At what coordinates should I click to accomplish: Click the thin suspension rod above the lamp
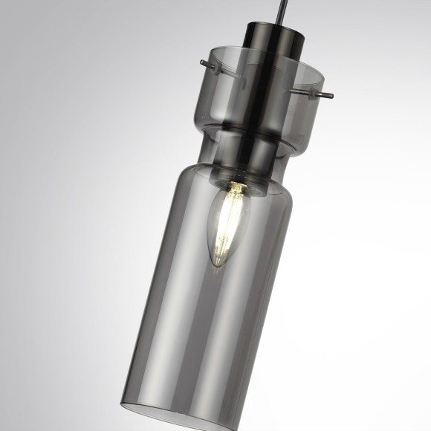point(279,11)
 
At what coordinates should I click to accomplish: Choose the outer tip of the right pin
point(331,96)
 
